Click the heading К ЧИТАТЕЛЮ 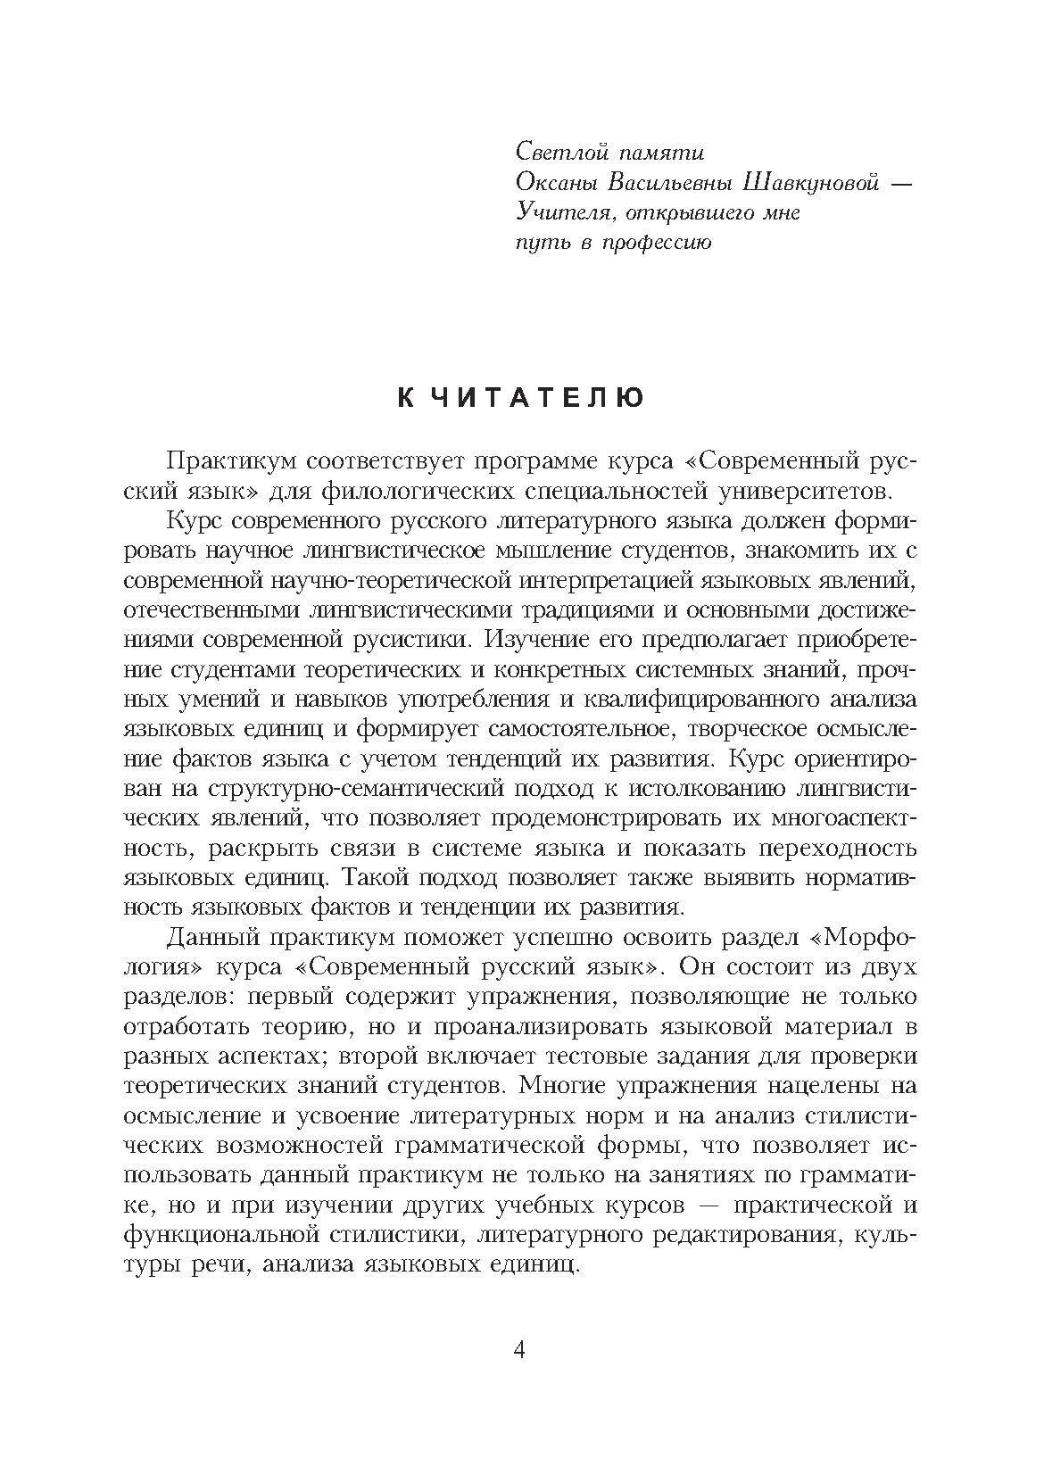(x=520, y=399)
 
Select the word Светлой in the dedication (x=561, y=153)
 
